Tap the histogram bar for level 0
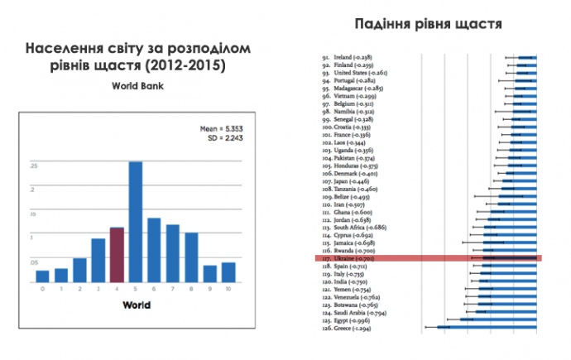[42, 276]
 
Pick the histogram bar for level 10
[228, 271]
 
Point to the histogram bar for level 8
[191, 257]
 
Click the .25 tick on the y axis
[34, 166]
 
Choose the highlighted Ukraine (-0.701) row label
[343, 258]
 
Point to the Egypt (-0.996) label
[343, 320]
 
